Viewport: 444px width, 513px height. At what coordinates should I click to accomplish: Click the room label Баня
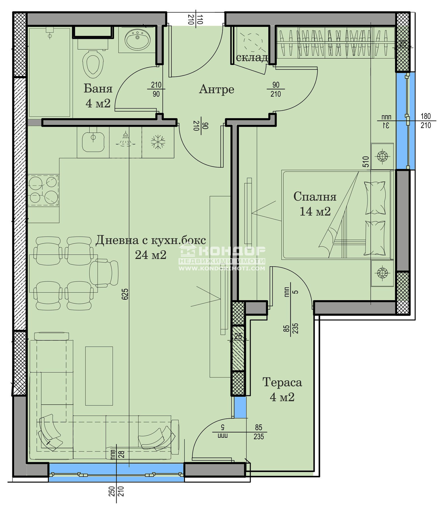[x=98, y=89]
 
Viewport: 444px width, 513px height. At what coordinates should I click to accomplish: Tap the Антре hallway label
[x=216, y=89]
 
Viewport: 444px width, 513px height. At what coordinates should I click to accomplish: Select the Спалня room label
[x=315, y=197]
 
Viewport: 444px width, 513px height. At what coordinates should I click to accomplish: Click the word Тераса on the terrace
[x=282, y=382]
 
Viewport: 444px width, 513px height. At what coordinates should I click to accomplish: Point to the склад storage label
[x=252, y=57]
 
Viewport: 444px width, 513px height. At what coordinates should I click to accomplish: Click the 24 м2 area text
[x=150, y=255]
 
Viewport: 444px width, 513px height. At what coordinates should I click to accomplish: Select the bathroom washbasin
[x=137, y=39]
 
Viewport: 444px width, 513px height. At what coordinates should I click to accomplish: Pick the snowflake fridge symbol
[x=158, y=142]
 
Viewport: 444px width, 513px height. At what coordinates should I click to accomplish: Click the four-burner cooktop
[x=43, y=190]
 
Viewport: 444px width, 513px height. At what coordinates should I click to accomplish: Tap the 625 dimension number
[x=125, y=294]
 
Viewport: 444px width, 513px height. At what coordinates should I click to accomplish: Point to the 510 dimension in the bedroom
[x=366, y=162]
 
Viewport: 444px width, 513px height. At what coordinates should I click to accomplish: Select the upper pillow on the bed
[x=375, y=198]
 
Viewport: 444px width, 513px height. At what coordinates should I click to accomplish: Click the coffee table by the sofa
[x=99, y=376]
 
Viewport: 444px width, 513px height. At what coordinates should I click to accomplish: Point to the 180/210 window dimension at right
[x=425, y=121]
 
